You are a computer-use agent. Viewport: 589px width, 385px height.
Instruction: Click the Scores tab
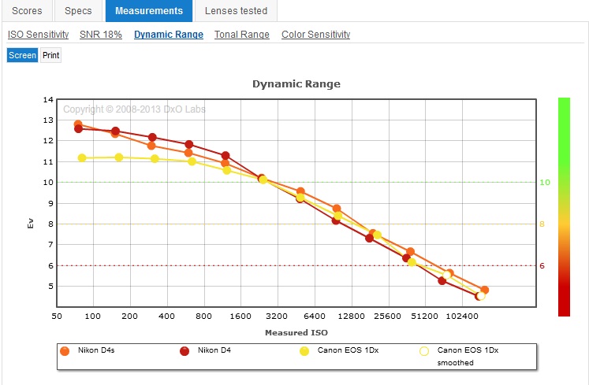tap(27, 11)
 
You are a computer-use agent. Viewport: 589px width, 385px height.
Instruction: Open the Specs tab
tap(78, 11)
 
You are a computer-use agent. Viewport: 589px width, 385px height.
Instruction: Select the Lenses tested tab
tap(236, 11)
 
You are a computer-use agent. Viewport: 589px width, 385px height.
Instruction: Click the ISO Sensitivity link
tap(38, 35)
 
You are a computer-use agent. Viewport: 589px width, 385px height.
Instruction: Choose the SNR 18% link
tap(101, 35)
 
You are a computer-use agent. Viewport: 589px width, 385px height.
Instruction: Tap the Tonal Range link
tap(242, 35)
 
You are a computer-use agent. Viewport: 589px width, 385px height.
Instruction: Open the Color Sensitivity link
tap(315, 35)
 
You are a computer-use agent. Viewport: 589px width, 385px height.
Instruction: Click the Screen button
tap(22, 55)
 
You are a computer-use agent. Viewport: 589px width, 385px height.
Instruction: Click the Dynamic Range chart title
tap(296, 83)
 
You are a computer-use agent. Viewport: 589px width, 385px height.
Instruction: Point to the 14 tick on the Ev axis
tap(48, 99)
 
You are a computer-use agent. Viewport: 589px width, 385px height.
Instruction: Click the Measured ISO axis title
tap(296, 333)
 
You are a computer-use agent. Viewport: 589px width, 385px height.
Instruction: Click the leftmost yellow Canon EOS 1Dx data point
tap(82, 158)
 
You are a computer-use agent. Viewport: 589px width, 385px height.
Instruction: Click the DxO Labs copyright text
tap(134, 109)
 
